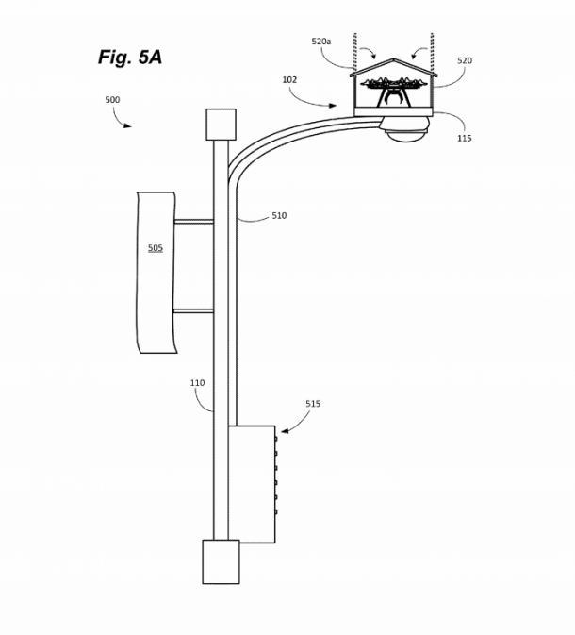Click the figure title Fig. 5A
[x=130, y=58]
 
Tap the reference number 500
[x=111, y=99]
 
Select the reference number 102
[x=289, y=80]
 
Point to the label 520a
[x=321, y=42]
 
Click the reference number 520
[x=465, y=60]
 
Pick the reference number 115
[x=464, y=138]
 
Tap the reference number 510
[x=279, y=216]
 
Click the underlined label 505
[x=156, y=248]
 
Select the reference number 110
[x=197, y=383]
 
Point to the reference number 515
[x=313, y=404]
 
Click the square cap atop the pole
[x=221, y=124]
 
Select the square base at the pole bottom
[x=221, y=561]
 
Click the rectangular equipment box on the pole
[x=252, y=484]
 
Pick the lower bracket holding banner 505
[x=194, y=309]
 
